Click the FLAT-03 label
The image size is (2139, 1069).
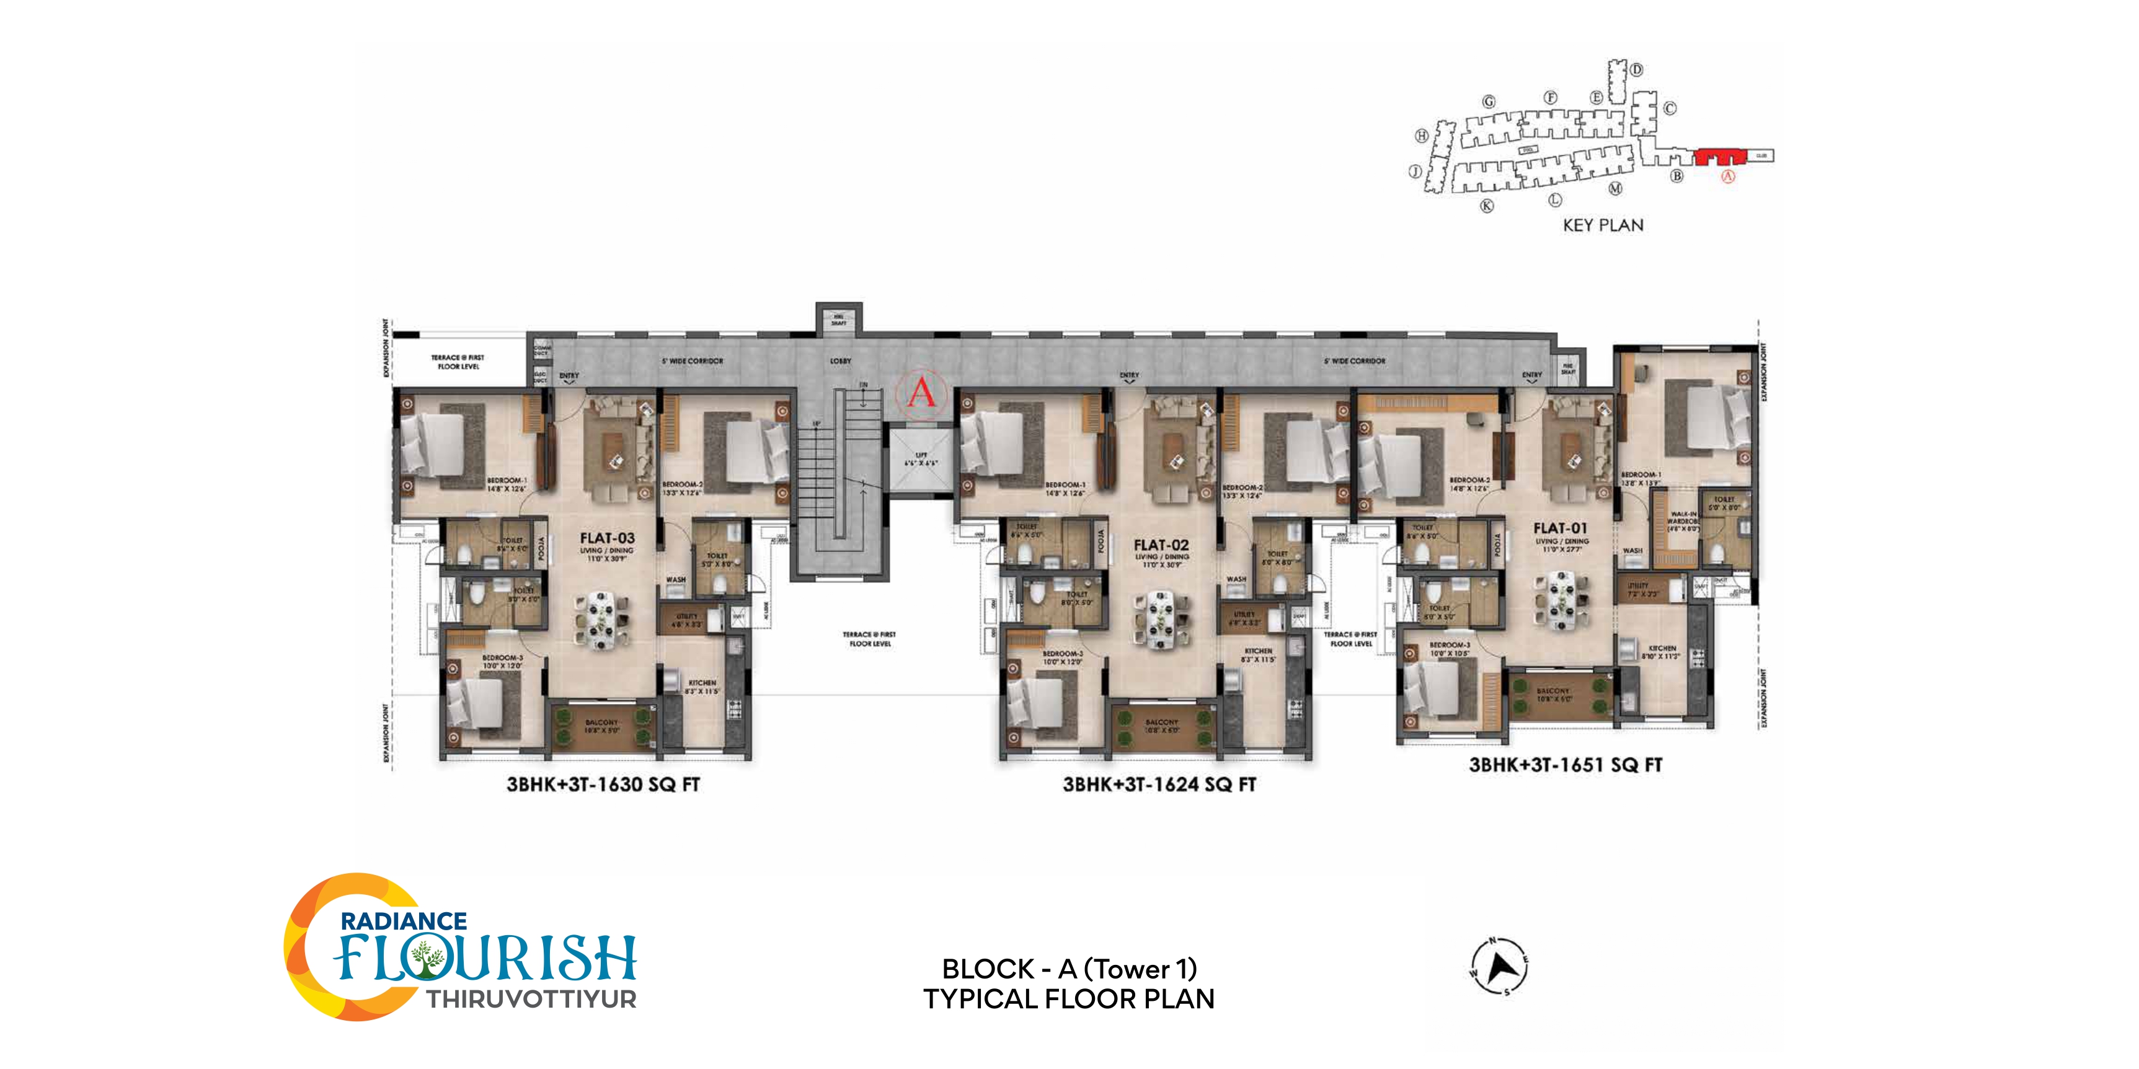tap(607, 538)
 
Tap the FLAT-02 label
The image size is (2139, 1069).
tap(1161, 545)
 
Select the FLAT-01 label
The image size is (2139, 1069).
tap(1559, 528)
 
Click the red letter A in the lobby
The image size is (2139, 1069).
tap(921, 392)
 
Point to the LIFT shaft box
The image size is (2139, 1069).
tap(921, 459)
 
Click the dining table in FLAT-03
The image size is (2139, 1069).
tap(602, 618)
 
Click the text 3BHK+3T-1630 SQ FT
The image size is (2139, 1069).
tap(603, 785)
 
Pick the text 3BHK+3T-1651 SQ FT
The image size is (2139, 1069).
tap(1565, 764)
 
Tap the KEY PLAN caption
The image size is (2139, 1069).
tap(1603, 225)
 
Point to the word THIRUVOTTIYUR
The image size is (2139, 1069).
tap(531, 999)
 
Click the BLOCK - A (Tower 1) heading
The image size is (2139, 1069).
tap(1069, 969)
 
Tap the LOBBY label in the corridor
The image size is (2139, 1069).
tap(840, 361)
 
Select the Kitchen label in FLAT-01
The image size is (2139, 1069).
tap(1662, 648)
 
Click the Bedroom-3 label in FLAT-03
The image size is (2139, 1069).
tap(502, 658)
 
